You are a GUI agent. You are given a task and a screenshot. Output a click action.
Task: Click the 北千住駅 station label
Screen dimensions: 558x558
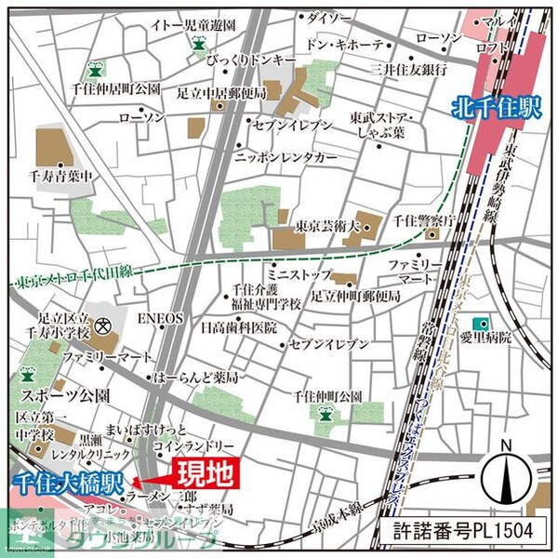pyautogui.click(x=498, y=107)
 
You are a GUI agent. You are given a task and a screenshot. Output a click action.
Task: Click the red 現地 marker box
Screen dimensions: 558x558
pyautogui.click(x=205, y=474)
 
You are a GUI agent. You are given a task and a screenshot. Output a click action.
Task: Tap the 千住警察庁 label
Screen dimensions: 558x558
pyautogui.click(x=423, y=220)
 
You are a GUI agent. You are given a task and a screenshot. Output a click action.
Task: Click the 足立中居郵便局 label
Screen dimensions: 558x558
pyautogui.click(x=221, y=93)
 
